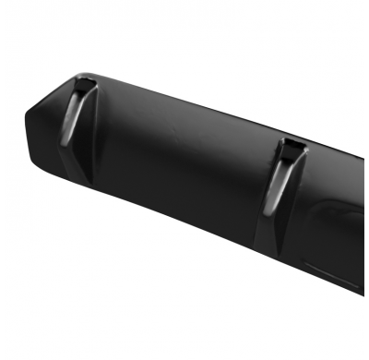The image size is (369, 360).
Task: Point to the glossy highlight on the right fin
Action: click(x=277, y=185)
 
